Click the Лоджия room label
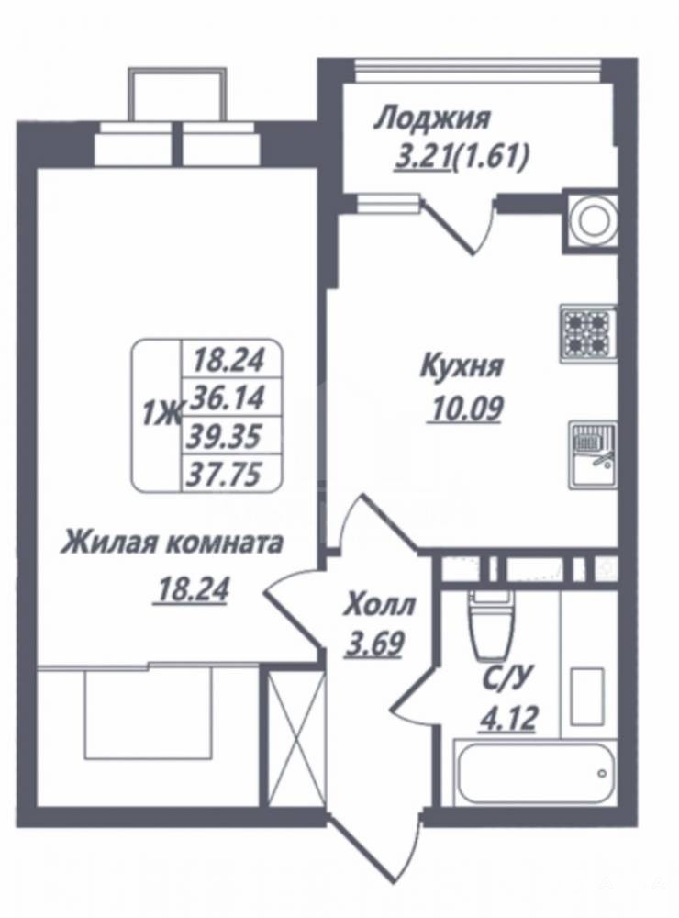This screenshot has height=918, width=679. pos(431,119)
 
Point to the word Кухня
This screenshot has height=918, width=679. pos(462,368)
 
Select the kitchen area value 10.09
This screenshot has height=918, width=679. pos(466,409)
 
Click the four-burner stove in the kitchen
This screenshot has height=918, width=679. pos(587,333)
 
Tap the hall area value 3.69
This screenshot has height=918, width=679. pos(374,644)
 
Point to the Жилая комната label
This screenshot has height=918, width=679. pos(173,543)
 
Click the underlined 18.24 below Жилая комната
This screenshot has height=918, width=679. pos(190,589)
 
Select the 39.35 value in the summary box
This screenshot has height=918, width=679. pos(225,436)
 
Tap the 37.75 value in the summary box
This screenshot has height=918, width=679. pos(223,474)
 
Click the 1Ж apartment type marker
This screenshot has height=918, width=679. pos(161,416)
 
